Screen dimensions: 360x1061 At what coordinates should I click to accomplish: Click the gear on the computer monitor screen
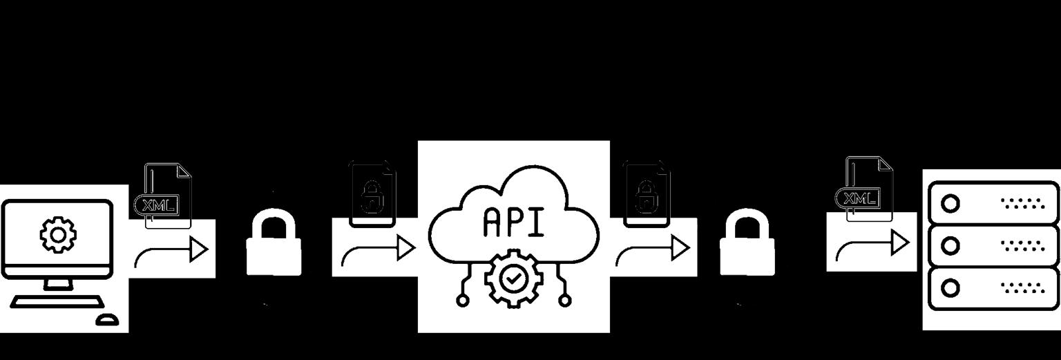(x=58, y=235)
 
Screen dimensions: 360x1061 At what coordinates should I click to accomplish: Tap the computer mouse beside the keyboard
(x=107, y=319)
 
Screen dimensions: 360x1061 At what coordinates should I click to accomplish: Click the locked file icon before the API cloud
(x=372, y=194)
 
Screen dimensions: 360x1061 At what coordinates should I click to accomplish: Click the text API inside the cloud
(x=513, y=221)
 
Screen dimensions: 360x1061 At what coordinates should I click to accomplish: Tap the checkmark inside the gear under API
(x=513, y=279)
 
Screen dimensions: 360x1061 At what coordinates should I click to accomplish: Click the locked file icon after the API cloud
(x=646, y=194)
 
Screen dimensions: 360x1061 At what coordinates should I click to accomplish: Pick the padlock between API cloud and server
(x=747, y=245)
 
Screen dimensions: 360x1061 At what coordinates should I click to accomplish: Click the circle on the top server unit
(x=950, y=203)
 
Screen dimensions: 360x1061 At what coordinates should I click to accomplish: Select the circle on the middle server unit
(x=950, y=245)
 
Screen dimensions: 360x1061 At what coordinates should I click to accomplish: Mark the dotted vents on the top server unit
(x=1022, y=203)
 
